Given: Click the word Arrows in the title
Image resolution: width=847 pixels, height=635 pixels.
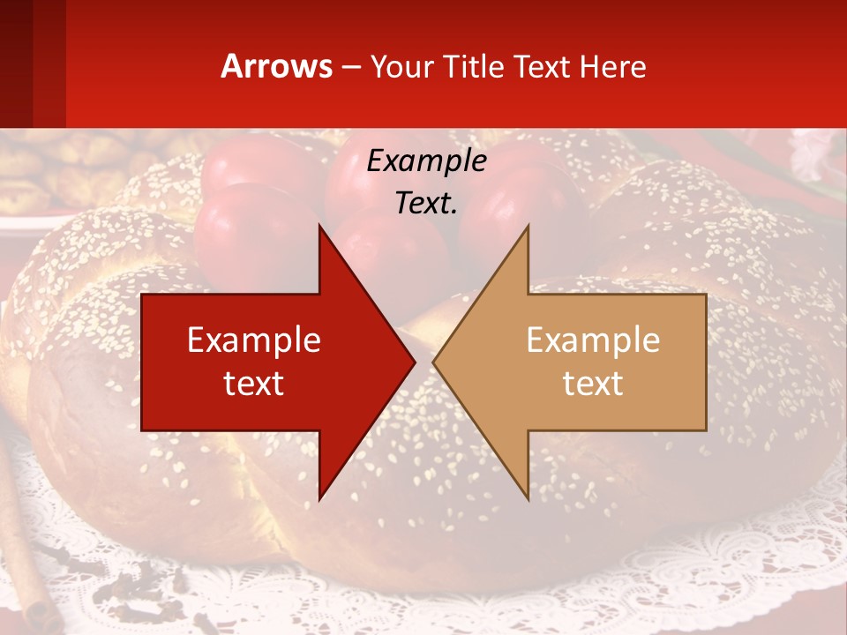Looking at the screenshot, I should [277, 66].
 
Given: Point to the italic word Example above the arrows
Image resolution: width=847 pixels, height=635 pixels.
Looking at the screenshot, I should [426, 161].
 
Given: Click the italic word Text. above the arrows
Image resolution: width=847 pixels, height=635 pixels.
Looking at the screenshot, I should [426, 204].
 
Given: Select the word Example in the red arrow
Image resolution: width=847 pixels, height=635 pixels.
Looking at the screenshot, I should [254, 340].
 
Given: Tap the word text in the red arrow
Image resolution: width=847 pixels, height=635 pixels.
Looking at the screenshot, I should [254, 384].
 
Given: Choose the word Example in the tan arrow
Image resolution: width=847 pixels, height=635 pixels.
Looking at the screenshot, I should [593, 340].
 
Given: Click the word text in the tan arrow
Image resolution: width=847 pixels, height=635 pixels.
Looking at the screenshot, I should [593, 384].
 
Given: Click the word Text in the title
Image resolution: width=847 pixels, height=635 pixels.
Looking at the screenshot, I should [541, 66].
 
